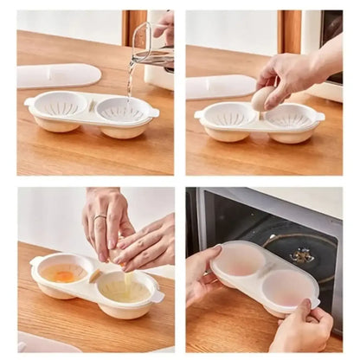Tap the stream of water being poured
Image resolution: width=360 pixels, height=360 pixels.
coord(131,78)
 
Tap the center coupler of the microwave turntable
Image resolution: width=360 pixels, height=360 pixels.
coord(302,255)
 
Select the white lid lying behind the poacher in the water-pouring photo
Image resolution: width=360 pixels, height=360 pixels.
coord(59,75)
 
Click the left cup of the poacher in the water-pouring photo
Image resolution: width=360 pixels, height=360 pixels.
coord(61,108)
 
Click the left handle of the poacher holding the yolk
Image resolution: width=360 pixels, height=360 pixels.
coord(36,261)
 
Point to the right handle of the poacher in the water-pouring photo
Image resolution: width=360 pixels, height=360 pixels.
coord(154,112)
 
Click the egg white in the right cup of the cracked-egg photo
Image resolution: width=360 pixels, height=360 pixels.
coord(125,288)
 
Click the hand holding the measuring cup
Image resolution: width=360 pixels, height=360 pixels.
coord(164,23)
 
